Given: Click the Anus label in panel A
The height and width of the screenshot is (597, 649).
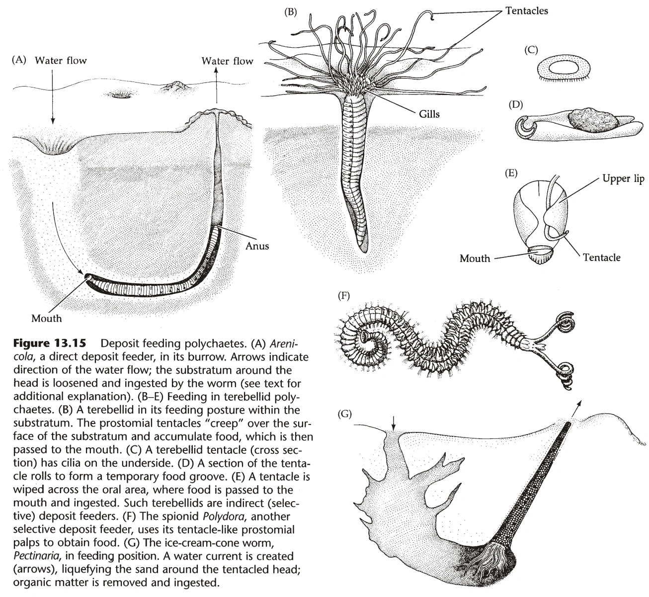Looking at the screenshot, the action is pos(257,246).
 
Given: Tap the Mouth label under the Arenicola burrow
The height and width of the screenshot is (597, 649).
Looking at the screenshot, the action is pos(46,319).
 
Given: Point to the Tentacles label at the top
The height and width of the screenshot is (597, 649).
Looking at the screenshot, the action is pos(527,10).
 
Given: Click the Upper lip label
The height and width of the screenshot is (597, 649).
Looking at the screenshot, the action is pos(623,179).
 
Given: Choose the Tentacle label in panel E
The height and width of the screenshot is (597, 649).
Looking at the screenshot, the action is pos(601,257).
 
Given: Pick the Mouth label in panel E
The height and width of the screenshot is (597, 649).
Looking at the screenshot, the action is pos(475,258).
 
